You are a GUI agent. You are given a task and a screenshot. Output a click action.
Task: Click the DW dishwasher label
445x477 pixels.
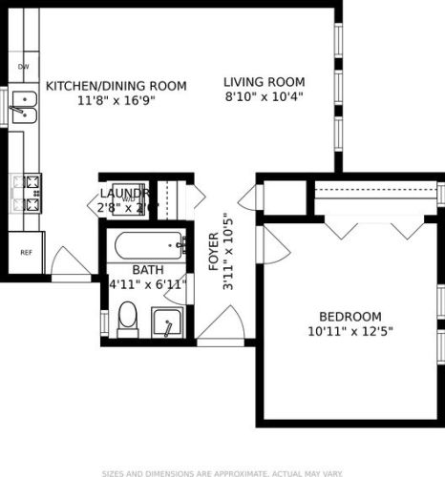(23, 67)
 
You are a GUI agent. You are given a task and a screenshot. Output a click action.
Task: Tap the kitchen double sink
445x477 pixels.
(22, 115)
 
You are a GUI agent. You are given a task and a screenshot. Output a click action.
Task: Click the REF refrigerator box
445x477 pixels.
(26, 252)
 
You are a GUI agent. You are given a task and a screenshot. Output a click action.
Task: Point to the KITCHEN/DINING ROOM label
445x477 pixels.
(116, 86)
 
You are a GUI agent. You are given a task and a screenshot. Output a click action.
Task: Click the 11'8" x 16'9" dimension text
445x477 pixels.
(116, 99)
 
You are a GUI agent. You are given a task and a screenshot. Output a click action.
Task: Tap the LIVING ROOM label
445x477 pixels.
(264, 82)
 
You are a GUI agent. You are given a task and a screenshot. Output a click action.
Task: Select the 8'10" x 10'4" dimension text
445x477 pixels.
(264, 95)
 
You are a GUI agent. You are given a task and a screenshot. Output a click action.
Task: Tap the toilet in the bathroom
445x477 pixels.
(129, 316)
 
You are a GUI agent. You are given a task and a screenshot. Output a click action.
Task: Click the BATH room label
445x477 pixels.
(148, 270)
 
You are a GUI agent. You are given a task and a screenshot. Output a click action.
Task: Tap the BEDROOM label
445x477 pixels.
(350, 317)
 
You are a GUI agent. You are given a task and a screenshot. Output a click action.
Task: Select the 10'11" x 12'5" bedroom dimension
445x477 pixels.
(350, 331)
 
